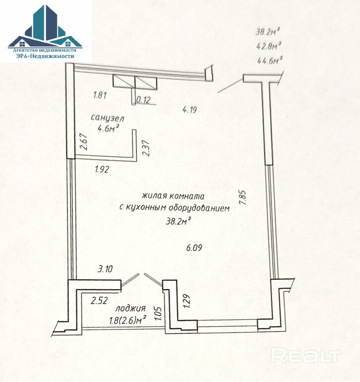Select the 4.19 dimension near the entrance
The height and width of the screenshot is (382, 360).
click(190, 110)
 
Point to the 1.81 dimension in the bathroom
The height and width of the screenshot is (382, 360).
click(100, 94)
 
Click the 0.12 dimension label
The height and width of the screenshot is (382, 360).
click(143, 100)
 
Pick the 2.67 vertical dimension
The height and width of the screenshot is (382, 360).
click(84, 143)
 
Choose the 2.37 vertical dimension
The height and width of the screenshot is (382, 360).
click(146, 147)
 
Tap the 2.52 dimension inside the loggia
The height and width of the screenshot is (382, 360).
click(100, 300)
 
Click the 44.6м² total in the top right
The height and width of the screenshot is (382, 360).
click(269, 61)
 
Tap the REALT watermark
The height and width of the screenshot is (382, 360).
click(307, 355)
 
